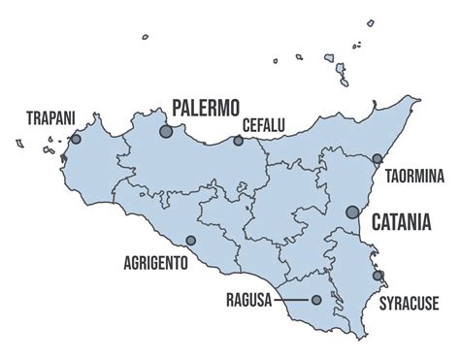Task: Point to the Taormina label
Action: tap(414, 176)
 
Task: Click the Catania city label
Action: tap(401, 222)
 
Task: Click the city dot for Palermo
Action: tap(166, 130)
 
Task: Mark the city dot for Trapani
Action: tap(76, 139)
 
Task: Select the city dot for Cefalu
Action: tap(238, 141)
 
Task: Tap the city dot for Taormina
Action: tap(378, 158)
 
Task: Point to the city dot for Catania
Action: tap(352, 212)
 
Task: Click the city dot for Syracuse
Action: tap(378, 276)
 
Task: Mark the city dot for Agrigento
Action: tap(190, 241)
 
